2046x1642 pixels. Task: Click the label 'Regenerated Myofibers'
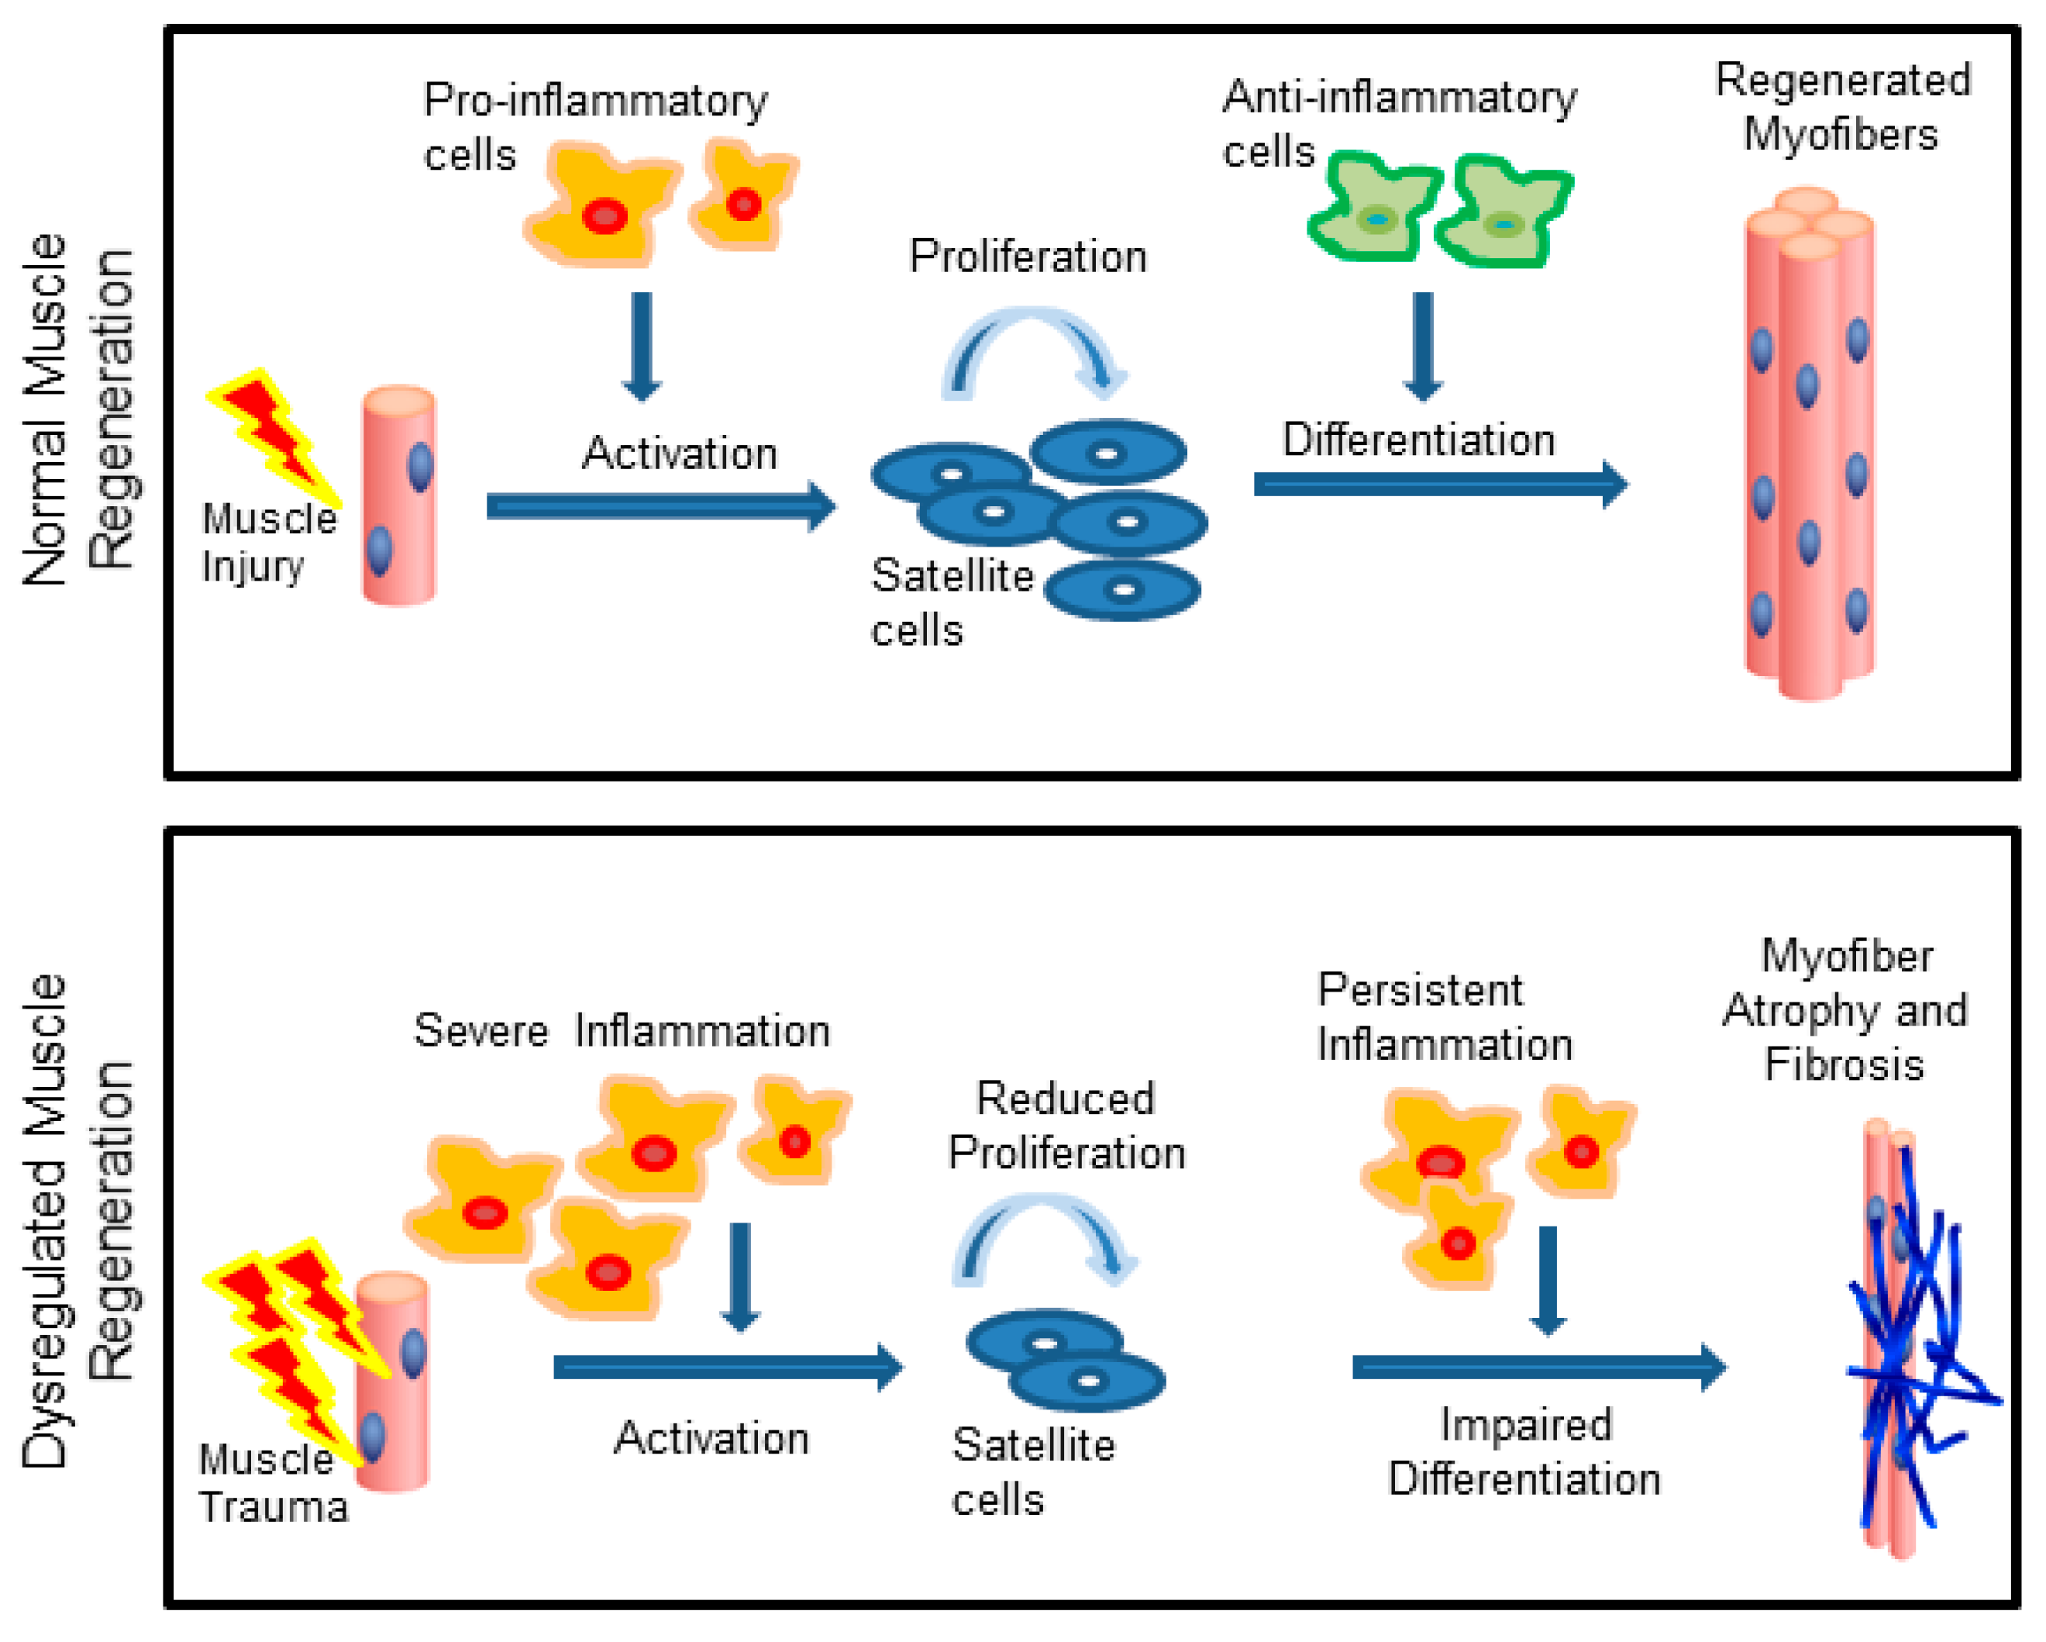pos(1843,106)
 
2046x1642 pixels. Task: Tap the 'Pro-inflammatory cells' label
pos(595,127)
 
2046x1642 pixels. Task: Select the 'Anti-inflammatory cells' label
pos(1400,123)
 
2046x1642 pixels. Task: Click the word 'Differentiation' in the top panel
pos(1419,440)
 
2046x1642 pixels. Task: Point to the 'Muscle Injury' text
pos(270,543)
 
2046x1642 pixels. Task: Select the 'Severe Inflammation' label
pos(622,1030)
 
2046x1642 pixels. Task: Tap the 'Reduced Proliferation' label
pos(1066,1126)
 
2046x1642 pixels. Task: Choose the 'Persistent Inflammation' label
pos(1445,1017)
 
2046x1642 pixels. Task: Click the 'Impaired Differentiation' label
pos(1524,1452)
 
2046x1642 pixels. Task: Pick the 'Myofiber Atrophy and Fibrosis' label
pos(1844,1010)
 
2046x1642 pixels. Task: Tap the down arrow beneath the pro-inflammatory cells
pos(642,347)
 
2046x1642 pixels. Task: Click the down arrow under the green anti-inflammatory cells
pos(1423,347)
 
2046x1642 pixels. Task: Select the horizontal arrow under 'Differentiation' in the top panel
pos(1441,484)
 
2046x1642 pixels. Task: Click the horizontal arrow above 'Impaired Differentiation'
pos(1539,1368)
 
